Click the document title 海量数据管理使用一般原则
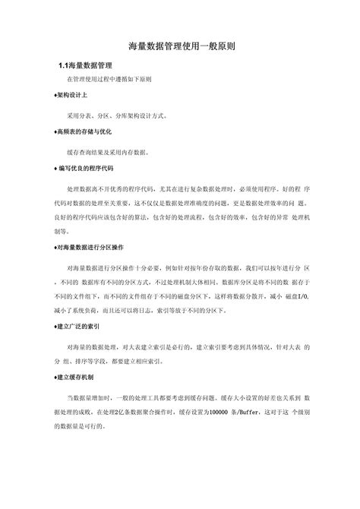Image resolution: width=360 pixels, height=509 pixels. tap(180, 46)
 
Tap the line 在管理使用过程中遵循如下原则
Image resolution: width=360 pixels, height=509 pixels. tap(109, 80)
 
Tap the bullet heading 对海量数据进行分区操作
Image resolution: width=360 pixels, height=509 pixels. tap(90, 248)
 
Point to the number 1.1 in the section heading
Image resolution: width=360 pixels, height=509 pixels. tap(65, 66)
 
